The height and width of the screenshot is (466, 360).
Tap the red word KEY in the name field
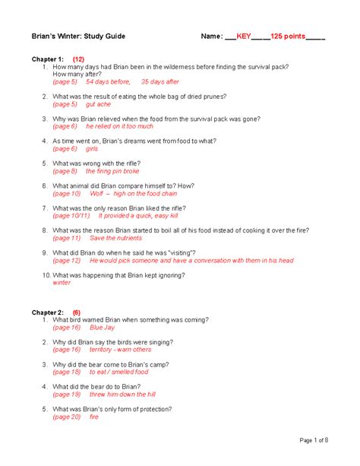point(244,36)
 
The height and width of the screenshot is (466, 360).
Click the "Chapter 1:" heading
point(48,59)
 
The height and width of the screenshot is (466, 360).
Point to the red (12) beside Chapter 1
point(79,59)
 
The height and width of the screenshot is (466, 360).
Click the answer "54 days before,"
point(108,81)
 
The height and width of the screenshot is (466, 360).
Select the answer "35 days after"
point(160,81)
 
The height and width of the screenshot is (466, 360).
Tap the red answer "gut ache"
point(98,104)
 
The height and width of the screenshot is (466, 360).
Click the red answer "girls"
point(92,149)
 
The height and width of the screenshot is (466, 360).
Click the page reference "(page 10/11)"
point(71,216)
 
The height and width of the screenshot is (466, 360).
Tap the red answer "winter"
point(62,283)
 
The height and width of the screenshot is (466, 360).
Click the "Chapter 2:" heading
point(48,312)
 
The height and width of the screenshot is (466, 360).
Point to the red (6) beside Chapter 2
point(77,312)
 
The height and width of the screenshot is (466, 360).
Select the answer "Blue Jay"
point(101,328)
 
